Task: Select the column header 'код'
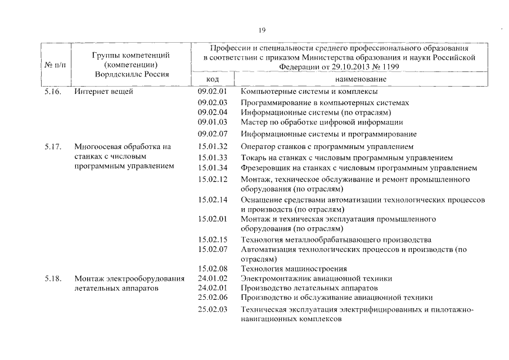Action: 212,80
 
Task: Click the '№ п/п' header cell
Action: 55,65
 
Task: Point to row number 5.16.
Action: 53,91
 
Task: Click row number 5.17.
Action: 53,147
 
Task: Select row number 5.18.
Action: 53,278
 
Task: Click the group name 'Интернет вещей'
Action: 103,91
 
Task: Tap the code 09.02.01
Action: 212,91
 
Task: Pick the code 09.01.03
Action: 212,121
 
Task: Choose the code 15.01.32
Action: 212,147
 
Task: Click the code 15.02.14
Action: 212,199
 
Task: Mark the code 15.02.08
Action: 212,268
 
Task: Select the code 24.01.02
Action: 212,278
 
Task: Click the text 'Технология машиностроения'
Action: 294,268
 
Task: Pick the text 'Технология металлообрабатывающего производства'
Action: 336,240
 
